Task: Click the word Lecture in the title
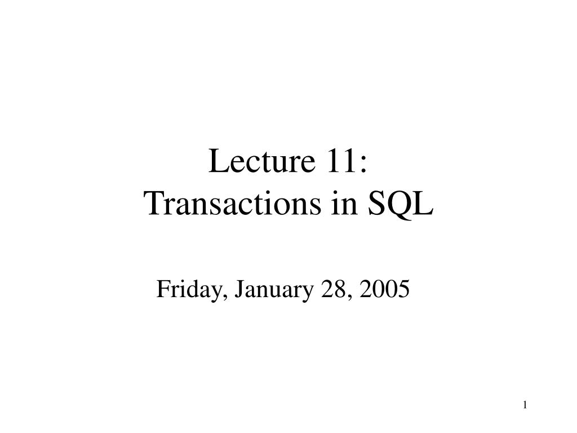pyautogui.click(x=262, y=161)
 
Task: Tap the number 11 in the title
pyautogui.click(x=339, y=160)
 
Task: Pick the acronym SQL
pyautogui.click(x=401, y=204)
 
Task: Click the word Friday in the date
pyautogui.click(x=189, y=290)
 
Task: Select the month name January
pyautogui.click(x=274, y=290)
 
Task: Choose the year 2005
pyautogui.click(x=384, y=289)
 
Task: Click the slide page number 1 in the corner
pyautogui.click(x=525, y=405)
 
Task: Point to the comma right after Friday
pyautogui.click(x=223, y=298)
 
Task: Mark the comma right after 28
pyautogui.click(x=348, y=298)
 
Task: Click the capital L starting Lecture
pyautogui.click(x=219, y=160)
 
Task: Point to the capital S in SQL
pyautogui.click(x=376, y=203)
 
